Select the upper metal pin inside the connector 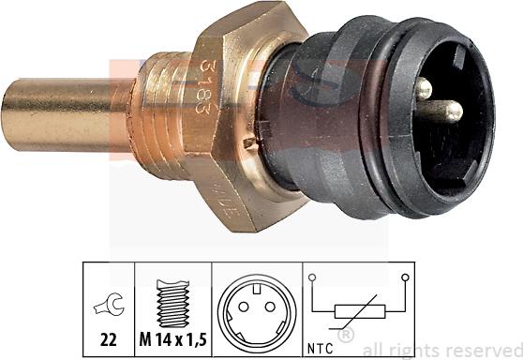click(x=423, y=89)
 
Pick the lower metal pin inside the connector click(x=448, y=112)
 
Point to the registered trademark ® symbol click(x=345, y=335)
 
